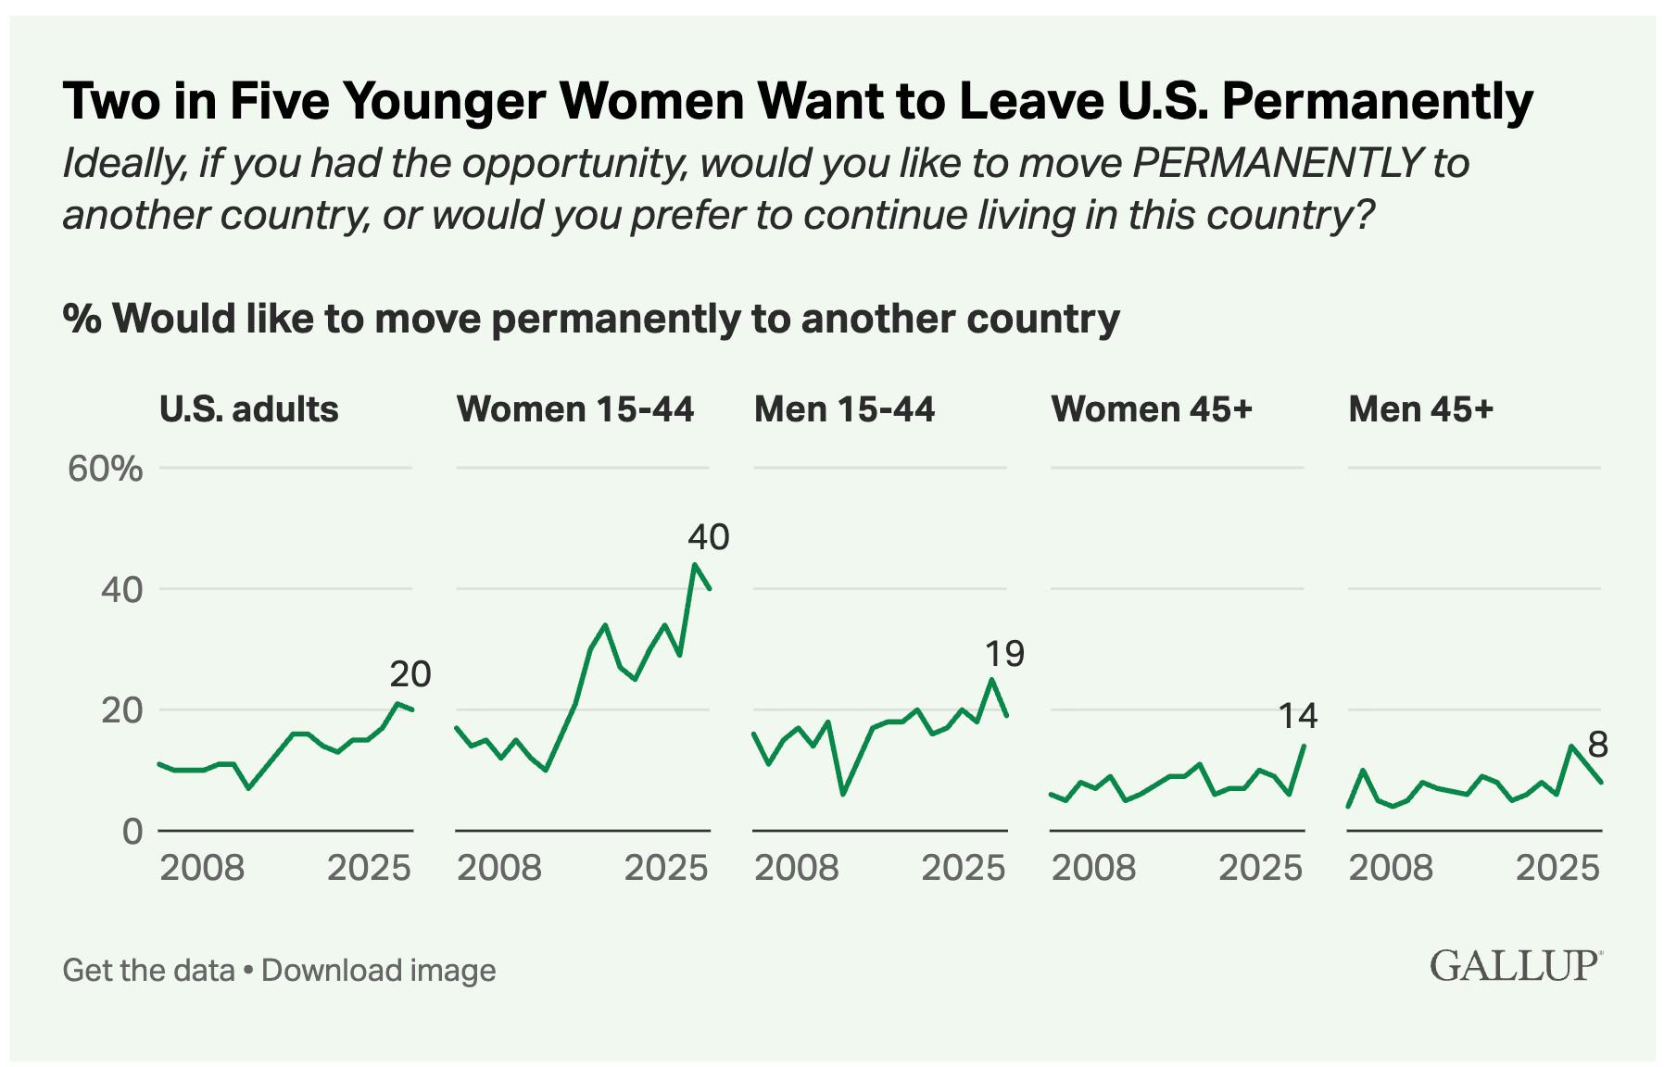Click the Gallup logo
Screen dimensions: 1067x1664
click(x=1514, y=965)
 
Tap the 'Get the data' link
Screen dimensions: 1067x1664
click(x=148, y=970)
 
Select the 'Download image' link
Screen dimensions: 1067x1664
click(x=378, y=970)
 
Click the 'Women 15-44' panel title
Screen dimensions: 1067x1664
click(x=574, y=408)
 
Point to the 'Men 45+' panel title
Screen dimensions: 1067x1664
click(x=1420, y=408)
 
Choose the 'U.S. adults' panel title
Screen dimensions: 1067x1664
click(x=248, y=408)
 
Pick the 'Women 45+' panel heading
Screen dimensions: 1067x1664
click(x=1152, y=408)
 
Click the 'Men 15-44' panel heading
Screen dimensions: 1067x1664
click(x=844, y=408)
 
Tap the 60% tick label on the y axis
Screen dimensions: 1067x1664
click(x=105, y=469)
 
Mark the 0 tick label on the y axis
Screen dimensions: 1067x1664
click(x=132, y=831)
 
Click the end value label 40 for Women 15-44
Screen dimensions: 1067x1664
click(x=709, y=537)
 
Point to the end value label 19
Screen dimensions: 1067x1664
click(x=1004, y=654)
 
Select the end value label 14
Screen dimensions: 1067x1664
click(x=1297, y=715)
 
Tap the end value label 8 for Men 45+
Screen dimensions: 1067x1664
click(x=1597, y=745)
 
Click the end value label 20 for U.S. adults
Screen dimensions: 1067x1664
click(x=410, y=674)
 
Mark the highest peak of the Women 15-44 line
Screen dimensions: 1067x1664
click(x=695, y=563)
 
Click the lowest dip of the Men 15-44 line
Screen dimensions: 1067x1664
click(x=842, y=795)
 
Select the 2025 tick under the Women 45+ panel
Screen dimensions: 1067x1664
click(x=1260, y=868)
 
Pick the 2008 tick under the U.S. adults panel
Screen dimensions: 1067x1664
click(x=202, y=868)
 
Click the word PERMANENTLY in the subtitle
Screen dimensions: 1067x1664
click(x=1276, y=164)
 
